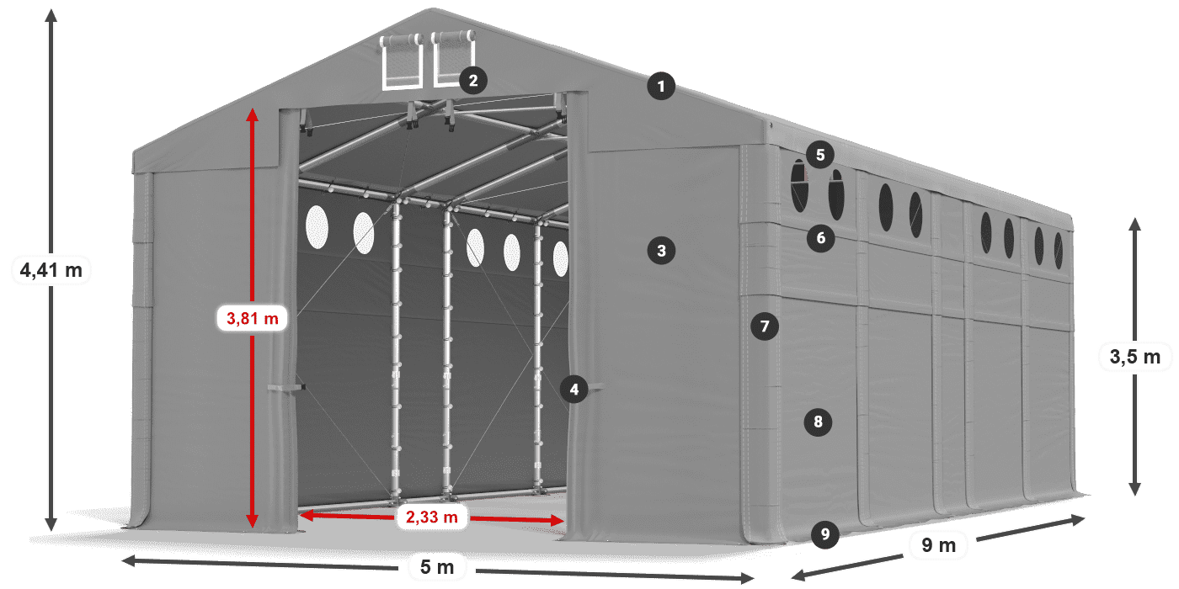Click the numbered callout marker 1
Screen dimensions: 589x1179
coord(662,86)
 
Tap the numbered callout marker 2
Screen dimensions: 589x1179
coord(473,81)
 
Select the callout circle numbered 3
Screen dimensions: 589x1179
coord(662,250)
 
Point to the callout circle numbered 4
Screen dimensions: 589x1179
coord(574,389)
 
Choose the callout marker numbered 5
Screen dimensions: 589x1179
coord(819,154)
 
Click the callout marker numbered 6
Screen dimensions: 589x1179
coord(821,238)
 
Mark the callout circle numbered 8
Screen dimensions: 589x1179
coord(818,422)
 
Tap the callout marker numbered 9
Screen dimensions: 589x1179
coord(825,533)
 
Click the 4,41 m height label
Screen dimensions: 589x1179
coord(51,270)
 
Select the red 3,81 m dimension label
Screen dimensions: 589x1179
coord(253,318)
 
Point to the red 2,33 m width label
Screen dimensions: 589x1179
coord(431,517)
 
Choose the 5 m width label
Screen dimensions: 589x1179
coord(436,568)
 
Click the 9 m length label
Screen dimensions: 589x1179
coord(938,546)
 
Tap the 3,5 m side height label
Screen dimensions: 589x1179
coord(1135,357)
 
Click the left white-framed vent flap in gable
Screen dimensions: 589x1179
coord(403,62)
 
